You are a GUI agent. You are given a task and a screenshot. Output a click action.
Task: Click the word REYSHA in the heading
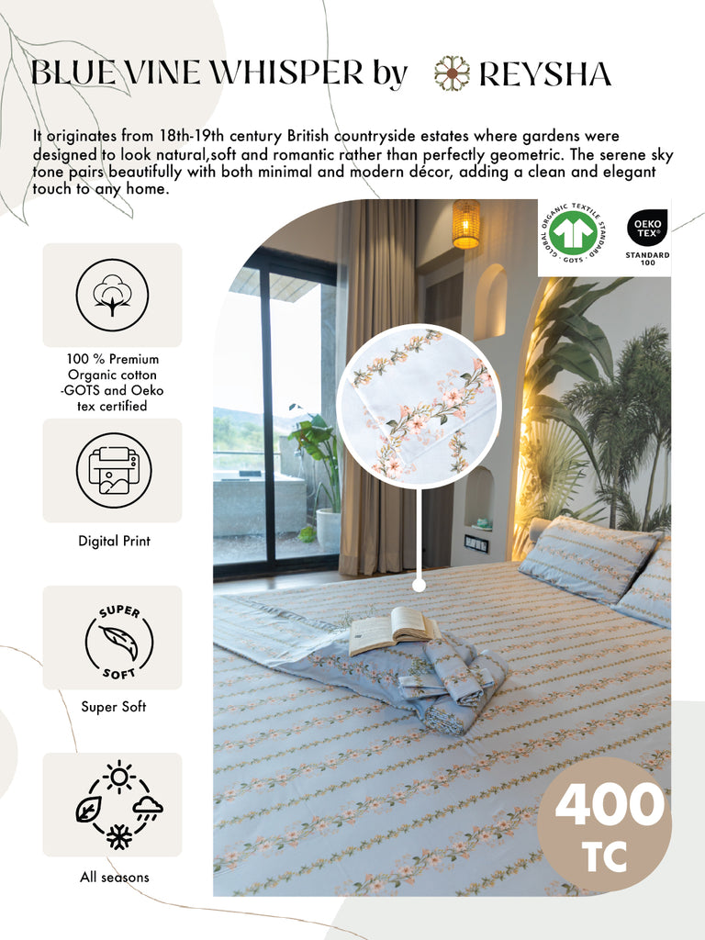pos(545,73)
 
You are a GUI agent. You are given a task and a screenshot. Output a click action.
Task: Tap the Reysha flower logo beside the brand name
pos(452,73)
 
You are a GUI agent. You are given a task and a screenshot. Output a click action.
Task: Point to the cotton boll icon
pos(112,295)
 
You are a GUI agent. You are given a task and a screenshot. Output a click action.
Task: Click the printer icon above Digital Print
pos(112,471)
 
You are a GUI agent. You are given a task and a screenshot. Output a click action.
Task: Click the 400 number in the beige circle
pos(609,805)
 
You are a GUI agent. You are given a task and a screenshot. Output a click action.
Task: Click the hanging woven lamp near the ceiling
pos(466,224)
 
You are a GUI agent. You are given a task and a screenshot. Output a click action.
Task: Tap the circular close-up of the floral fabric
pos(419,404)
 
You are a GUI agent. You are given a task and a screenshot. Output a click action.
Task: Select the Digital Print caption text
pos(114,541)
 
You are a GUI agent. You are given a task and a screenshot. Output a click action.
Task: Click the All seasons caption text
pos(114,878)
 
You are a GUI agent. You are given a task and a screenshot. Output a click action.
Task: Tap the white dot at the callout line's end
pos(419,584)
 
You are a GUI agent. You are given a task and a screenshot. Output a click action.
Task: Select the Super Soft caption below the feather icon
pos(114,707)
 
